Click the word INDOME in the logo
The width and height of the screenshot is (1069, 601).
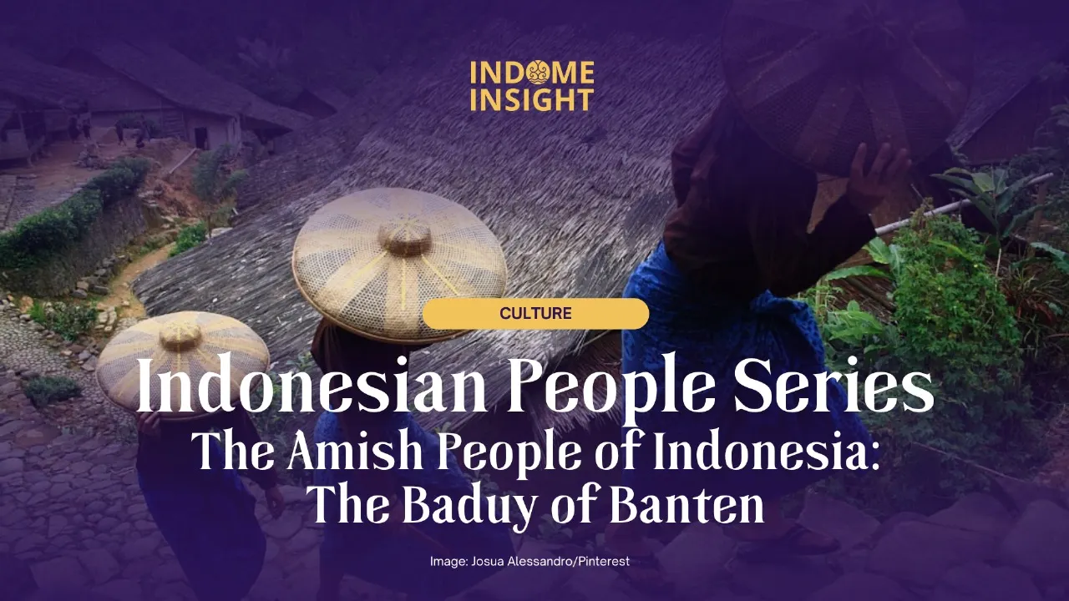[531, 73]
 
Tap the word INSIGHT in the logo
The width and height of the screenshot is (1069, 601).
[531, 100]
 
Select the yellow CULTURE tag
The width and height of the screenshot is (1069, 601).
[535, 314]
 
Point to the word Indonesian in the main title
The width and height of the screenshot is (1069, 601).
[292, 388]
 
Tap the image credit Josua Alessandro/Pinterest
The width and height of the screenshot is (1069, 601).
[529, 562]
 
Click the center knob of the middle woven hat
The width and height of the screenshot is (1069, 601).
[405, 238]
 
